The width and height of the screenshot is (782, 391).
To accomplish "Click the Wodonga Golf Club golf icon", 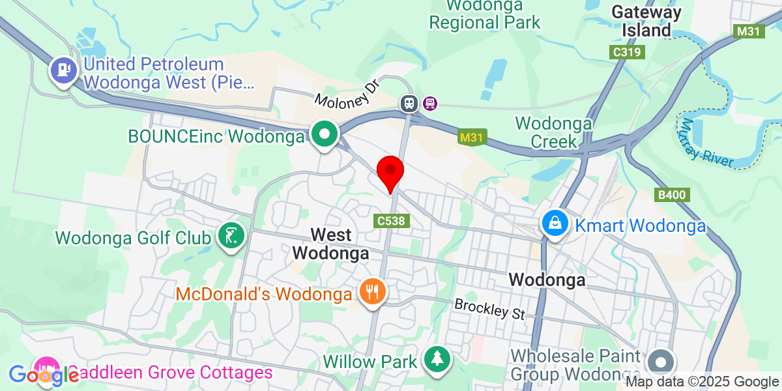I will pyautogui.click(x=230, y=236).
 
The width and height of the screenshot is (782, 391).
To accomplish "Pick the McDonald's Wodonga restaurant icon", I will pyautogui.click(x=372, y=291).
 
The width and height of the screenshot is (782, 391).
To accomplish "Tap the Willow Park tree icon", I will pyautogui.click(x=437, y=359).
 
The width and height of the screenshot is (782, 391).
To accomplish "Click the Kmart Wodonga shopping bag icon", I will pyautogui.click(x=554, y=224).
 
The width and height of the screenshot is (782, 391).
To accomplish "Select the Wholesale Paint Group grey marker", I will pyautogui.click(x=662, y=362).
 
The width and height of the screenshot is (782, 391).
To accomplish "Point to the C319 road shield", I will pyautogui.click(x=627, y=52).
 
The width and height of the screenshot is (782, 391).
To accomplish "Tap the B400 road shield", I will pyautogui.click(x=672, y=195).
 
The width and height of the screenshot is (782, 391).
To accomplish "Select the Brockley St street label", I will pyautogui.click(x=490, y=309).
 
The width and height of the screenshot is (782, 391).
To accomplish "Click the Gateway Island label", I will pyautogui.click(x=646, y=21).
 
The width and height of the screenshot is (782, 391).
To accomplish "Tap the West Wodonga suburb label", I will pyautogui.click(x=330, y=244).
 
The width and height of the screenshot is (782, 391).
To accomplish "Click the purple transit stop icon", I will pyautogui.click(x=430, y=102).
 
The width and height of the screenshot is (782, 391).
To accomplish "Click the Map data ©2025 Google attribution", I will pyautogui.click(x=702, y=382).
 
